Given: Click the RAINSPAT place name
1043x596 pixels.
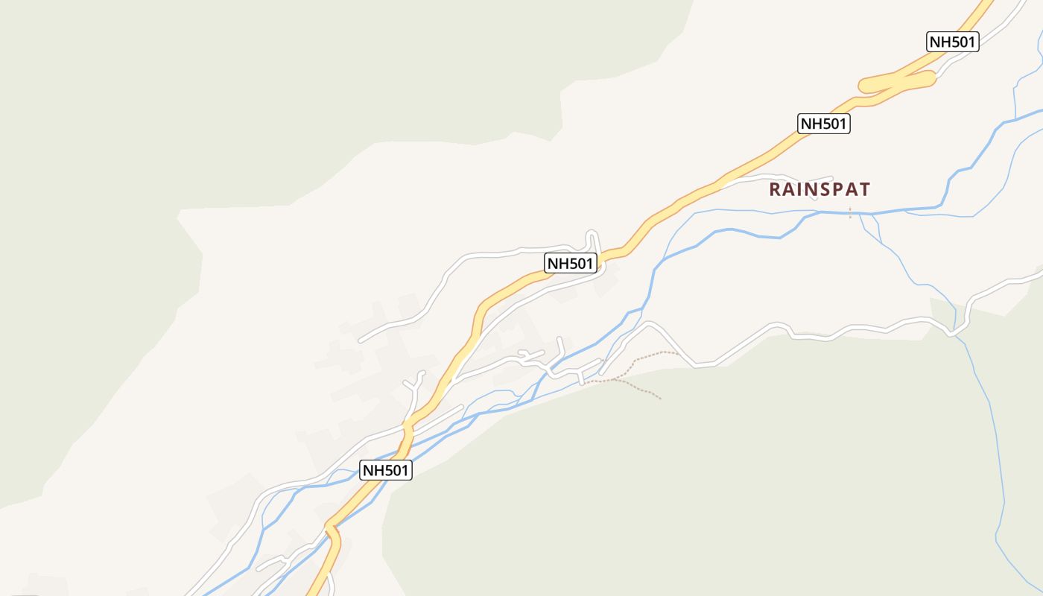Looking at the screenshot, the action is click(819, 189).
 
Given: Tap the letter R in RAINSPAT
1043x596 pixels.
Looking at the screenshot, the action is click(775, 189).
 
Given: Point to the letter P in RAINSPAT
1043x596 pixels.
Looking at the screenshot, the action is click(837, 189).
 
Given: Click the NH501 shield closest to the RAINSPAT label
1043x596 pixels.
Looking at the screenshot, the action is click(824, 124).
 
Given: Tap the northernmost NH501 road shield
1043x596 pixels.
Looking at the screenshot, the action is click(953, 42).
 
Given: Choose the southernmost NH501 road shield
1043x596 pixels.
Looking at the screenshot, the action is click(386, 470).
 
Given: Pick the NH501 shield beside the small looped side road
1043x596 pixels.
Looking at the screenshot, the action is click(571, 263).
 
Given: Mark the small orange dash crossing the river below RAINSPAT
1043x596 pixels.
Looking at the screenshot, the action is click(850, 214).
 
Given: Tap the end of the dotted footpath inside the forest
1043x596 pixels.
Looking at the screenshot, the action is click(660, 399).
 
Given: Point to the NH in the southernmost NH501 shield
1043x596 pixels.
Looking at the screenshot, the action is click(374, 470).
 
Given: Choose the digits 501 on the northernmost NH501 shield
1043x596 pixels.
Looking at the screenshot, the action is click(962, 42).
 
